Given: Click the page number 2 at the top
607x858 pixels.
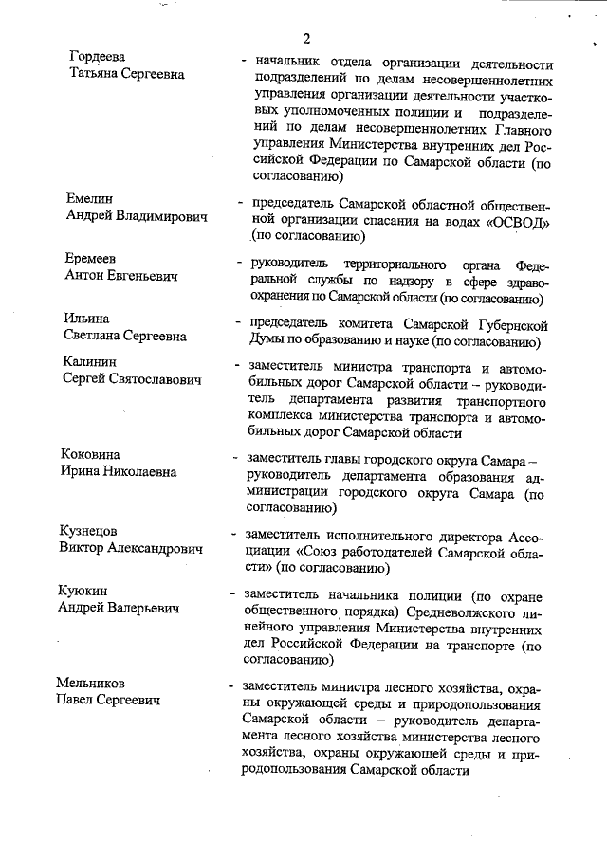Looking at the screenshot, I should pos(306,38).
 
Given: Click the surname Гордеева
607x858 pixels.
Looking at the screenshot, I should pos(98,57).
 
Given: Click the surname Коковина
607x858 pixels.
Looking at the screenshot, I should pos(98,454).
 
